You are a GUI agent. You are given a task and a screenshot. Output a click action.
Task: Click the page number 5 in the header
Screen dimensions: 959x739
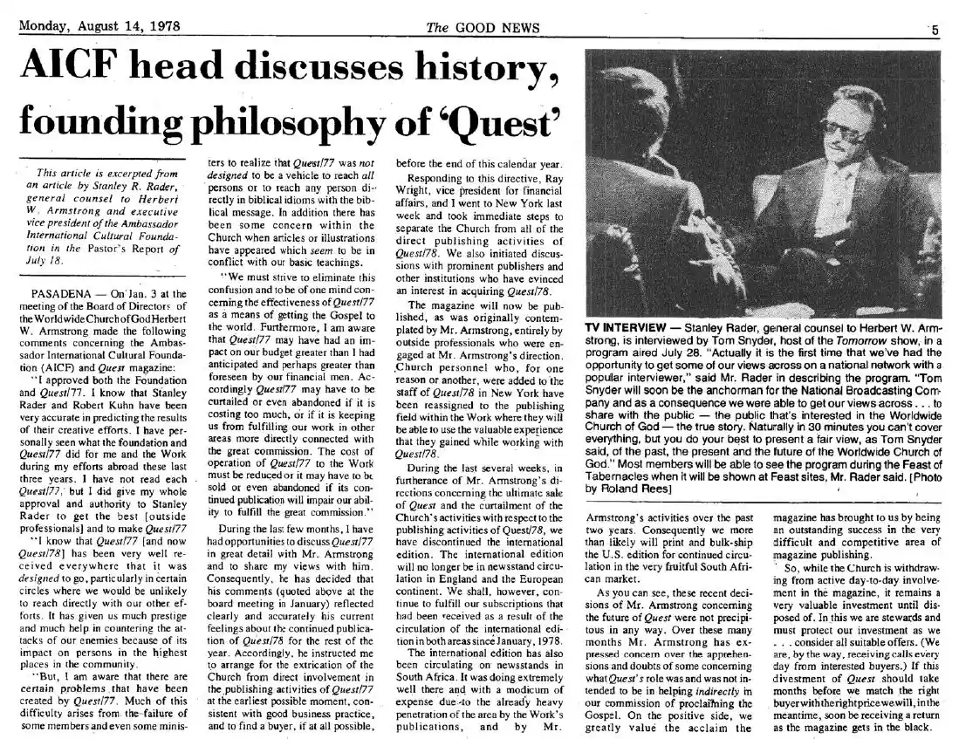click(935, 29)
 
